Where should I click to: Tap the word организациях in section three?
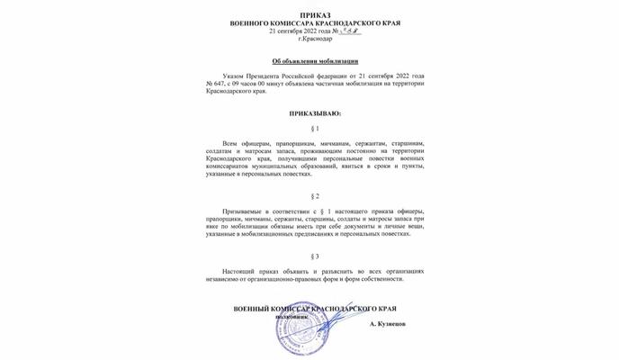pos(396,271)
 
